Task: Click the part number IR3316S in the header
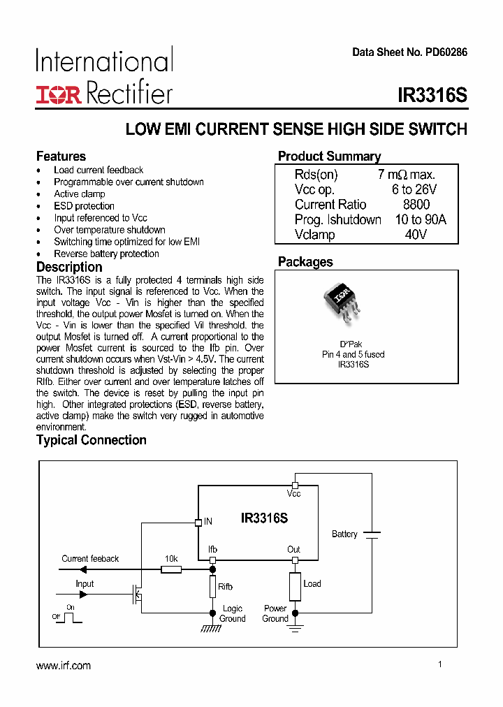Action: click(432, 95)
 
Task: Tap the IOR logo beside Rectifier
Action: click(59, 95)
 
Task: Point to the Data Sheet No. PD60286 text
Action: click(409, 52)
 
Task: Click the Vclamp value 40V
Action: click(416, 235)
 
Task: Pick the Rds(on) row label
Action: click(316, 175)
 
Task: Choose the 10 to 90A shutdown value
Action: click(420, 220)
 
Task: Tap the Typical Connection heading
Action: click(92, 440)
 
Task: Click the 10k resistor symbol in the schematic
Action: click(171, 569)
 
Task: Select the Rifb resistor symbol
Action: click(212, 587)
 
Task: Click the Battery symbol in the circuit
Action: click(372, 534)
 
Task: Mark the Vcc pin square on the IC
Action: click(295, 485)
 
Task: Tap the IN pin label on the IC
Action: click(208, 521)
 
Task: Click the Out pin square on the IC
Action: click(295, 560)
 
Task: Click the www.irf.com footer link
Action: click(64, 666)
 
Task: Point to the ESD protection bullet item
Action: click(84, 206)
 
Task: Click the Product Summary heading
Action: click(329, 156)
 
